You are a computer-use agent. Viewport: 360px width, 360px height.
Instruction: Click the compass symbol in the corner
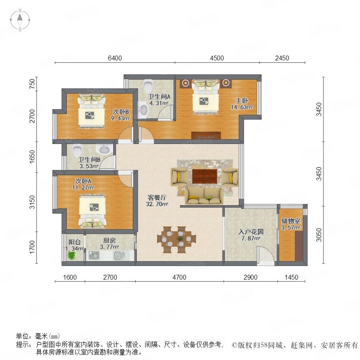[x=20, y=20]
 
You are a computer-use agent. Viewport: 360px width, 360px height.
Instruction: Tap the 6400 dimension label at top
[x=115, y=58]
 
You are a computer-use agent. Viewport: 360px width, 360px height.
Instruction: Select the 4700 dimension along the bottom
[x=179, y=277]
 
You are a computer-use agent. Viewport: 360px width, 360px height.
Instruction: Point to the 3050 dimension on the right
[x=319, y=235]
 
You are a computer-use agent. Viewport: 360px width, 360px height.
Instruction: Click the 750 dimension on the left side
[x=33, y=84]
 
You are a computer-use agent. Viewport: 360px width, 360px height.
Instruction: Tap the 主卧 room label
[x=242, y=100]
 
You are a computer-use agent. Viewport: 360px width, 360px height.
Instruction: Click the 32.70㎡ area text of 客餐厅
[x=157, y=204]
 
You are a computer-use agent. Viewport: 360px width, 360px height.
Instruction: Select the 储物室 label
[x=291, y=221]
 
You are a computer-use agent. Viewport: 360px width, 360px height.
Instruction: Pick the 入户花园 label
[x=251, y=232]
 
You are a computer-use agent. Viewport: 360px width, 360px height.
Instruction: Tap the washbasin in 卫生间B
[x=105, y=150]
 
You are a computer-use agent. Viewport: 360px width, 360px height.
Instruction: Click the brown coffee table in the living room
[x=204, y=176]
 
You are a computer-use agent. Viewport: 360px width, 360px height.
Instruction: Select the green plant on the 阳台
[x=72, y=255]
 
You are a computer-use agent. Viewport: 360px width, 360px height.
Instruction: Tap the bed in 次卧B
[x=92, y=111]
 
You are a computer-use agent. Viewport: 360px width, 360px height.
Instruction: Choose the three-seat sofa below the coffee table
[x=204, y=196]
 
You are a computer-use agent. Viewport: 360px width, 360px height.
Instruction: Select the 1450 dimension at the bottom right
[x=291, y=277]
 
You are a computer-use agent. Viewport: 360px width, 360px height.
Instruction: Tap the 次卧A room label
[x=83, y=181]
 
